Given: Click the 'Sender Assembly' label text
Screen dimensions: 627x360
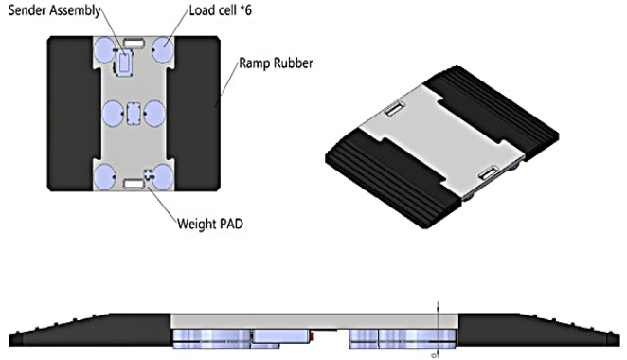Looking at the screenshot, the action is tap(54, 10).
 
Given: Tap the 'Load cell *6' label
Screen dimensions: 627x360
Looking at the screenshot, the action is tap(221, 10).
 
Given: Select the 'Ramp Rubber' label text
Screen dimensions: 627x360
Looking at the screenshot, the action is tap(276, 63).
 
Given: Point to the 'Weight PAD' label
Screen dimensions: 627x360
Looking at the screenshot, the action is tap(210, 224).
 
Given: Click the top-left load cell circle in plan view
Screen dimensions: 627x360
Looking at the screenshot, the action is tap(104, 50).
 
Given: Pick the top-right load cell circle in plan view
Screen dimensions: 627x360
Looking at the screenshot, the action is tap(163, 49).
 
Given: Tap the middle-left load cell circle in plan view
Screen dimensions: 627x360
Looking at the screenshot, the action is tap(113, 113).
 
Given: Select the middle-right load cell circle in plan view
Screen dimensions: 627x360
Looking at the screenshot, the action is tap(154, 113).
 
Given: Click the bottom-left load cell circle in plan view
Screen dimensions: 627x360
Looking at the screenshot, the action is tap(104, 176).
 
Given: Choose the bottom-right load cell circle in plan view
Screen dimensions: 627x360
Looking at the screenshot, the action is tap(163, 176).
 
